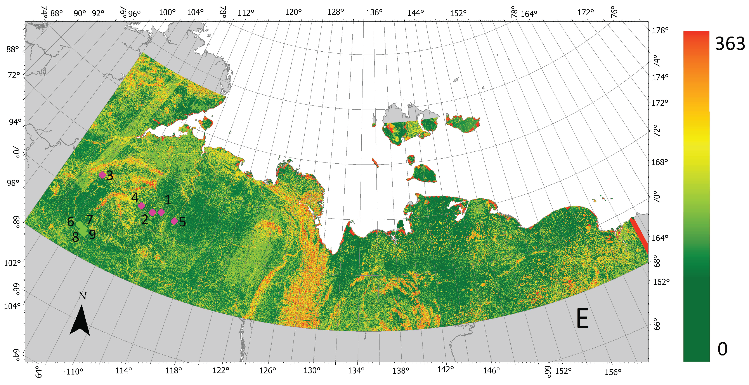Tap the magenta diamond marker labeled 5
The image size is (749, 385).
[174, 221]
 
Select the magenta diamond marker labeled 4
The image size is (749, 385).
[141, 206]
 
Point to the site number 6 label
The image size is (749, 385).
[70, 222]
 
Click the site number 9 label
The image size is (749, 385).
[92, 234]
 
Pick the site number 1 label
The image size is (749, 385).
[168, 200]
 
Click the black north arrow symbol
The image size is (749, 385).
[80, 320]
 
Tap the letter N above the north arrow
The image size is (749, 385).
[82, 296]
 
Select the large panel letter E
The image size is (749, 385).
[582, 319]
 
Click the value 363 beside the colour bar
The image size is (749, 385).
[730, 44]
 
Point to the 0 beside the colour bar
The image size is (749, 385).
[723, 349]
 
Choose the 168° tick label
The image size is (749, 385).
[659, 162]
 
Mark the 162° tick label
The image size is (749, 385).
[661, 282]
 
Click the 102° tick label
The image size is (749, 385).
[12, 263]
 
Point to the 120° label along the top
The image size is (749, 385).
[293, 12]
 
